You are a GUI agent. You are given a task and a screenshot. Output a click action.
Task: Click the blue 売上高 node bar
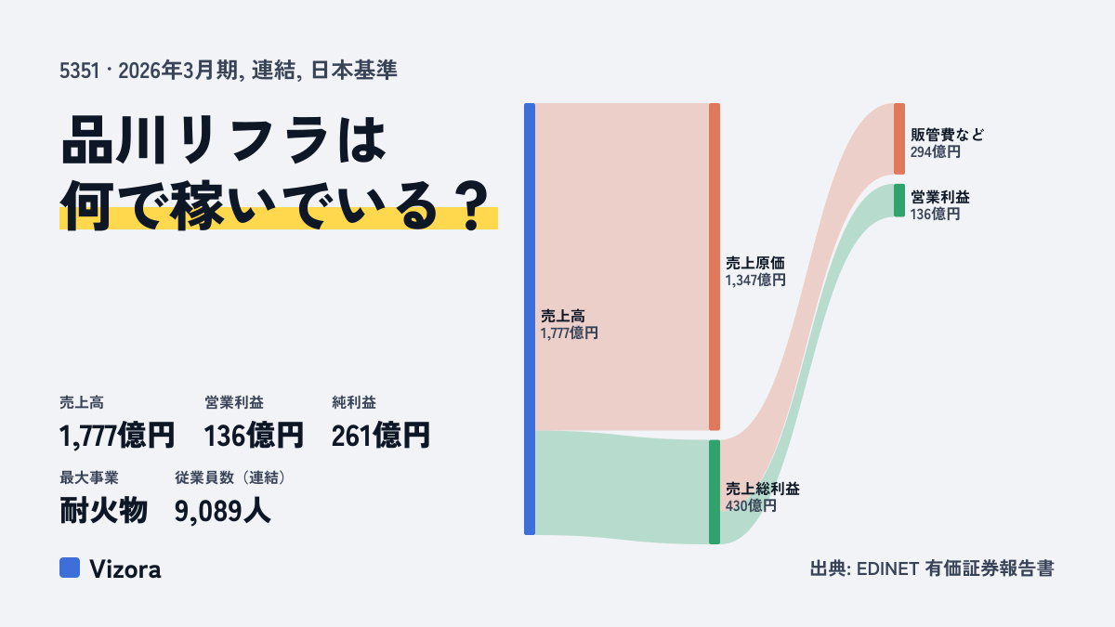click(x=530, y=319)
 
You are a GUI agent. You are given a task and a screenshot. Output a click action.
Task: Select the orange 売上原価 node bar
click(x=715, y=267)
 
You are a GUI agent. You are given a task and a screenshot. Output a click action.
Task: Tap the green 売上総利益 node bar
click(x=715, y=491)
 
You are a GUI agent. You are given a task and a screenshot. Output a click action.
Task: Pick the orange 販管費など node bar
click(x=899, y=138)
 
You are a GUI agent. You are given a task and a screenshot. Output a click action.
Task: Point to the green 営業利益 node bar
click(x=899, y=201)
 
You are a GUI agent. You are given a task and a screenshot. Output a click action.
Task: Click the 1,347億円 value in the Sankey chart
click(x=755, y=281)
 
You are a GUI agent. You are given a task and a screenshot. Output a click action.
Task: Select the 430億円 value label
click(x=751, y=506)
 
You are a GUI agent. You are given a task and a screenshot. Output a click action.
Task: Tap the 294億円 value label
click(x=936, y=151)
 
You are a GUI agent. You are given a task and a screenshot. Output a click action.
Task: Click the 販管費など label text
click(x=947, y=135)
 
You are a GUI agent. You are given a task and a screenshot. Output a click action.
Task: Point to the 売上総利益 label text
click(x=762, y=489)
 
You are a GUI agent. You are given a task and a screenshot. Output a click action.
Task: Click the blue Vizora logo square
click(x=70, y=568)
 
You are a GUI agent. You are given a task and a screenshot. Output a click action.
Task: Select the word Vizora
click(x=125, y=569)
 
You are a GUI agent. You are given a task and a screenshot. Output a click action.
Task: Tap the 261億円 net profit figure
click(x=381, y=436)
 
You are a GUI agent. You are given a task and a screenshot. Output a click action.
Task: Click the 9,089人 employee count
click(x=222, y=511)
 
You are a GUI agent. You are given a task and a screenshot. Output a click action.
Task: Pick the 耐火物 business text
click(x=103, y=511)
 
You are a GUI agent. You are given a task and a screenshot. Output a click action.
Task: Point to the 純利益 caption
click(x=354, y=402)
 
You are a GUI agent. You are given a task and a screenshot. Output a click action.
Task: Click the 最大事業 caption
click(x=89, y=477)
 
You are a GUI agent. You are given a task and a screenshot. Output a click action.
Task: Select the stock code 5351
click(x=80, y=71)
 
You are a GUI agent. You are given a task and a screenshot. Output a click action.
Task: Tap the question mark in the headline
click(x=473, y=205)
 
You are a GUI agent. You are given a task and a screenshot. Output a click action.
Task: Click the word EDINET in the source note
click(x=887, y=568)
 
